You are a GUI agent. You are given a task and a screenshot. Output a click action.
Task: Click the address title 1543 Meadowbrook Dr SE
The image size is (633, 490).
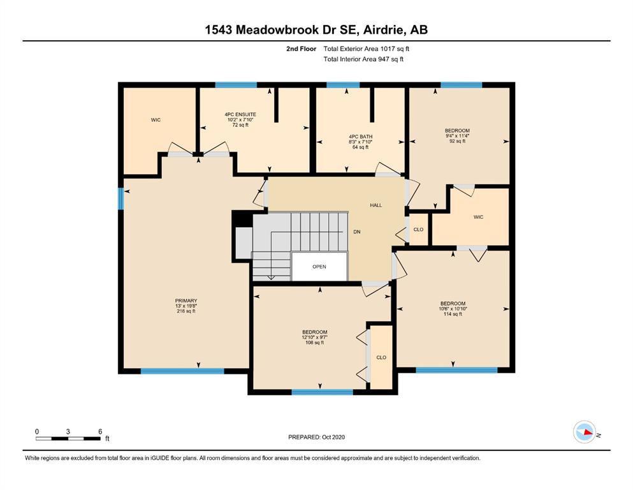tap(316, 29)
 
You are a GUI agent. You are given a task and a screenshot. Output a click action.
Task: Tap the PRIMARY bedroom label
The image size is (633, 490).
tap(186, 301)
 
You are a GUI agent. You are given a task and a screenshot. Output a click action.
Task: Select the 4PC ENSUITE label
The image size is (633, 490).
tap(222, 114)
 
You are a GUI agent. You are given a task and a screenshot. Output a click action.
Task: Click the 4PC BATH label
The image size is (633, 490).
tap(360, 137)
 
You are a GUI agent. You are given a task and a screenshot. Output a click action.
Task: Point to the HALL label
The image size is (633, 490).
tap(376, 205)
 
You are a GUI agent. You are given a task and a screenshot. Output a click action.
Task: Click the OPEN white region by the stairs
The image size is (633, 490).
tap(319, 267)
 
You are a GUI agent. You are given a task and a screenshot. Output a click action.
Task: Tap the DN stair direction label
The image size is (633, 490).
tap(357, 232)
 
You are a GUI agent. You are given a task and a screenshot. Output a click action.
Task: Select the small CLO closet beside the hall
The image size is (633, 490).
tap(418, 230)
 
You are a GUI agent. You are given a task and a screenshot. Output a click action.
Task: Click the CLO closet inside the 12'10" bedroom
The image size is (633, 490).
tap(381, 357)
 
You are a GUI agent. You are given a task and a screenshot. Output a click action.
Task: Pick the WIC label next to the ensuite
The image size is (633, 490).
tap(156, 119)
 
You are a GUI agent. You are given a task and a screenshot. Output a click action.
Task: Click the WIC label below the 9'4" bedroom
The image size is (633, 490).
tap(478, 217)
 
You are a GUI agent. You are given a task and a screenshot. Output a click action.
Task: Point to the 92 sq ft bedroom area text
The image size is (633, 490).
tap(457, 141)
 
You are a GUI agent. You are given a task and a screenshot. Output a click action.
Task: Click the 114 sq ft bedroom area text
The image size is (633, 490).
tap(453, 314)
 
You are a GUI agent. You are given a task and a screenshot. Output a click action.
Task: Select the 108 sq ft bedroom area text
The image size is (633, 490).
tap(315, 343)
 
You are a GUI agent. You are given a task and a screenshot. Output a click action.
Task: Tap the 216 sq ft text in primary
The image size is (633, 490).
tap(186, 311)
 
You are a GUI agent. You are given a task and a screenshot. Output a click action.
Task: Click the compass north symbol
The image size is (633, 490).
tap(585, 433)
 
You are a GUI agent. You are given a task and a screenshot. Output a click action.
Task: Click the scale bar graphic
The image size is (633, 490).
tap(68, 438)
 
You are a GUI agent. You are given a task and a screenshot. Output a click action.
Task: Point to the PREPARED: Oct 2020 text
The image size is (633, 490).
tap(316, 437)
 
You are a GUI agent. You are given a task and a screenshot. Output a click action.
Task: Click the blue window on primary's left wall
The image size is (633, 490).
tap(120, 198)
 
